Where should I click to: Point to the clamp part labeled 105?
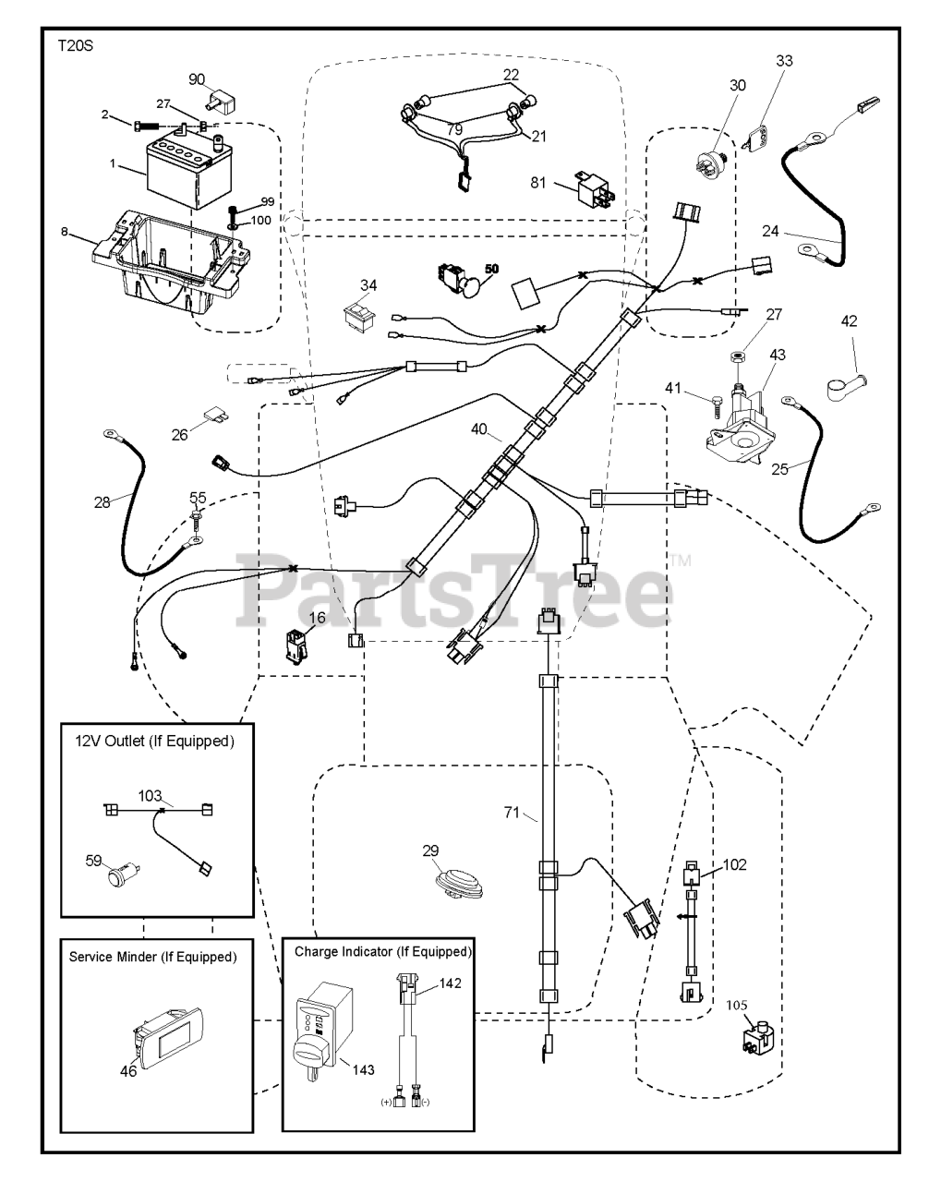coord(758,1040)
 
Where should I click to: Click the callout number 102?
coord(734,865)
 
